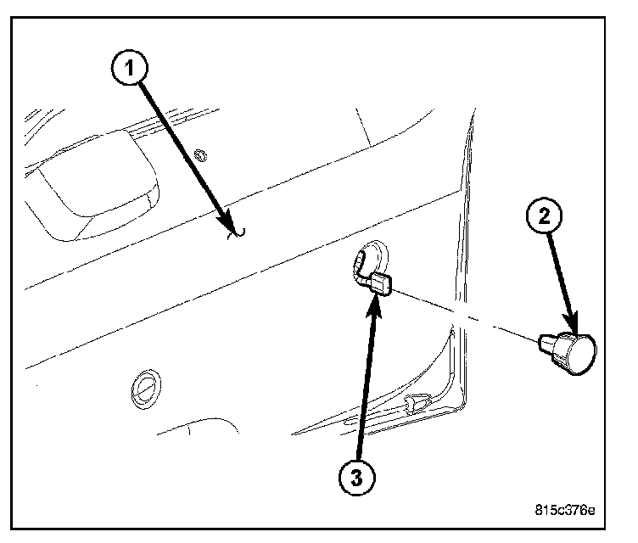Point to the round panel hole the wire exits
point(372,256)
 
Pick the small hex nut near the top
point(201,155)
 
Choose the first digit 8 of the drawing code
point(540,511)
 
